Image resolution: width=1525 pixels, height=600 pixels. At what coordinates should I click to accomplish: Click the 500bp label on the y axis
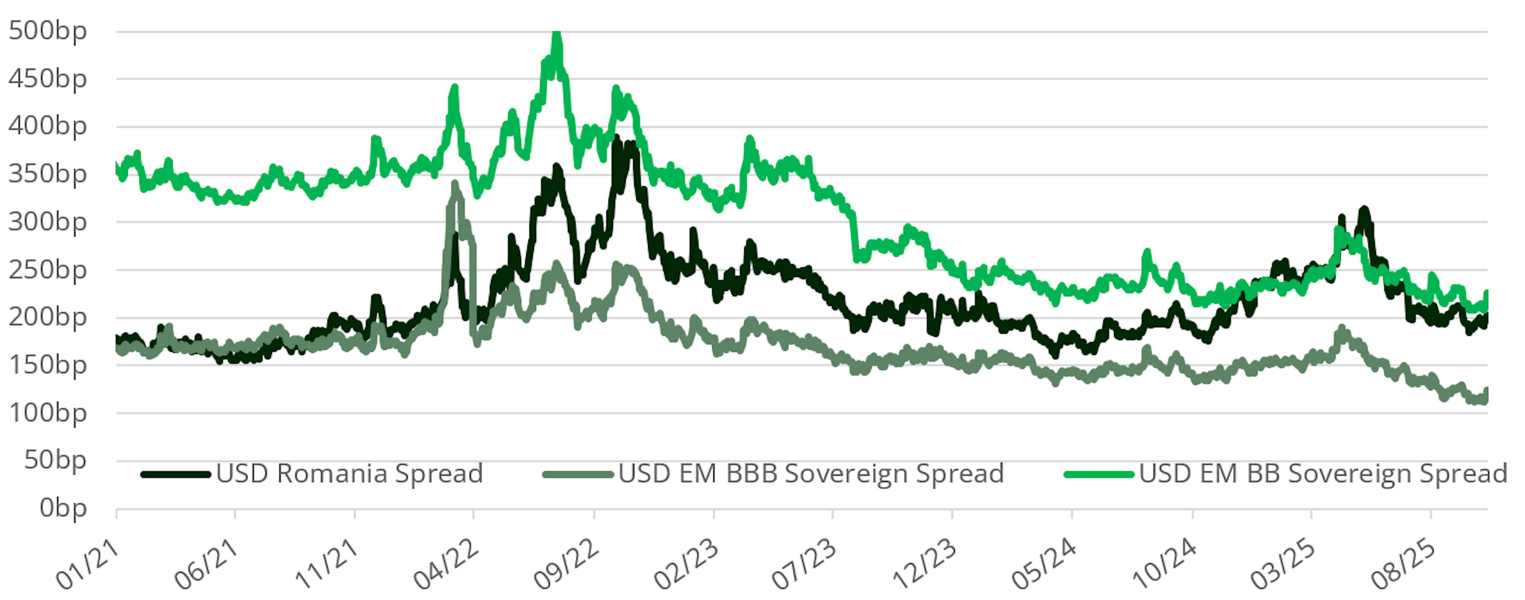pos(47,31)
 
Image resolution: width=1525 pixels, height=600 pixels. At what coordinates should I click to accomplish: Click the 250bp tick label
pos(47,270)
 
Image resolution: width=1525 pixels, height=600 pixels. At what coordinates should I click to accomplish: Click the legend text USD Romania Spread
pos(349,474)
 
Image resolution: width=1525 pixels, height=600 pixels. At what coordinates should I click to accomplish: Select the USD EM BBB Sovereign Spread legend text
pos(811,474)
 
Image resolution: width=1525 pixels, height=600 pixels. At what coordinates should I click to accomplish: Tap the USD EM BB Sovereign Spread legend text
pos(1323,474)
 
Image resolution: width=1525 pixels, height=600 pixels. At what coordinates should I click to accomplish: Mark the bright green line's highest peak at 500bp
pos(556,34)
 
